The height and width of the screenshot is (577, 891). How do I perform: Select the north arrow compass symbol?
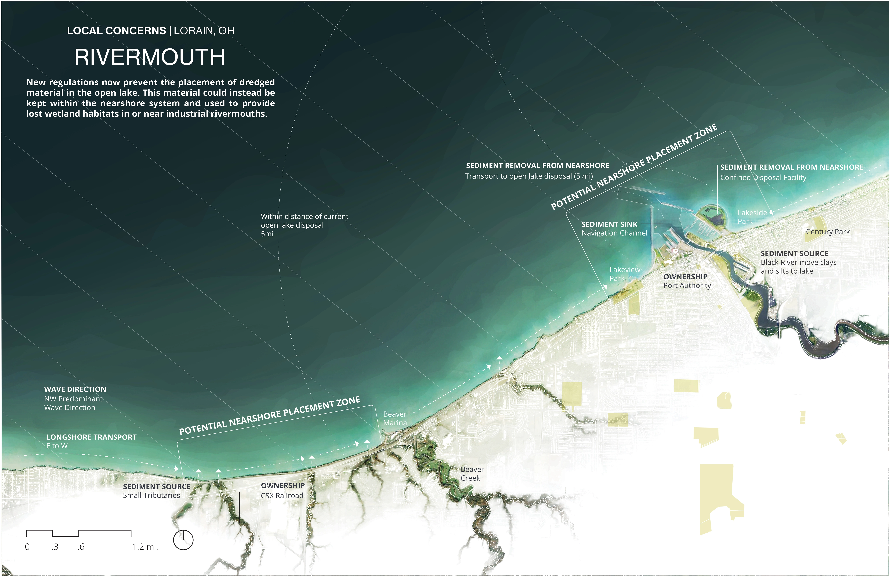pyautogui.click(x=183, y=540)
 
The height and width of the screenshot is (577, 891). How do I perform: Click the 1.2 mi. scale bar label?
pyautogui.click(x=145, y=547)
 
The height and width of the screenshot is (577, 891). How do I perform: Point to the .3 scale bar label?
pyautogui.click(x=55, y=547)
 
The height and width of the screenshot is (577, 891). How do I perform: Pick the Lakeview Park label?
pyautogui.click(x=624, y=274)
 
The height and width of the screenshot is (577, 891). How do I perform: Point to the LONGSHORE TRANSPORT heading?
pyautogui.click(x=91, y=437)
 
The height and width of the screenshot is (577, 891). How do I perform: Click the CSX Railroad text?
pyautogui.click(x=282, y=495)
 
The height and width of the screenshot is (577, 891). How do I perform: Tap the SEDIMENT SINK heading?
pyautogui.click(x=609, y=224)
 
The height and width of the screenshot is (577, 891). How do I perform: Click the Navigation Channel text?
pyautogui.click(x=614, y=233)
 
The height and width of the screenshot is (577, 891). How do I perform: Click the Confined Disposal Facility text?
pyautogui.click(x=763, y=178)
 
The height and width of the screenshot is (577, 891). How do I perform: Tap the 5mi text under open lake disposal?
pyautogui.click(x=267, y=234)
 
